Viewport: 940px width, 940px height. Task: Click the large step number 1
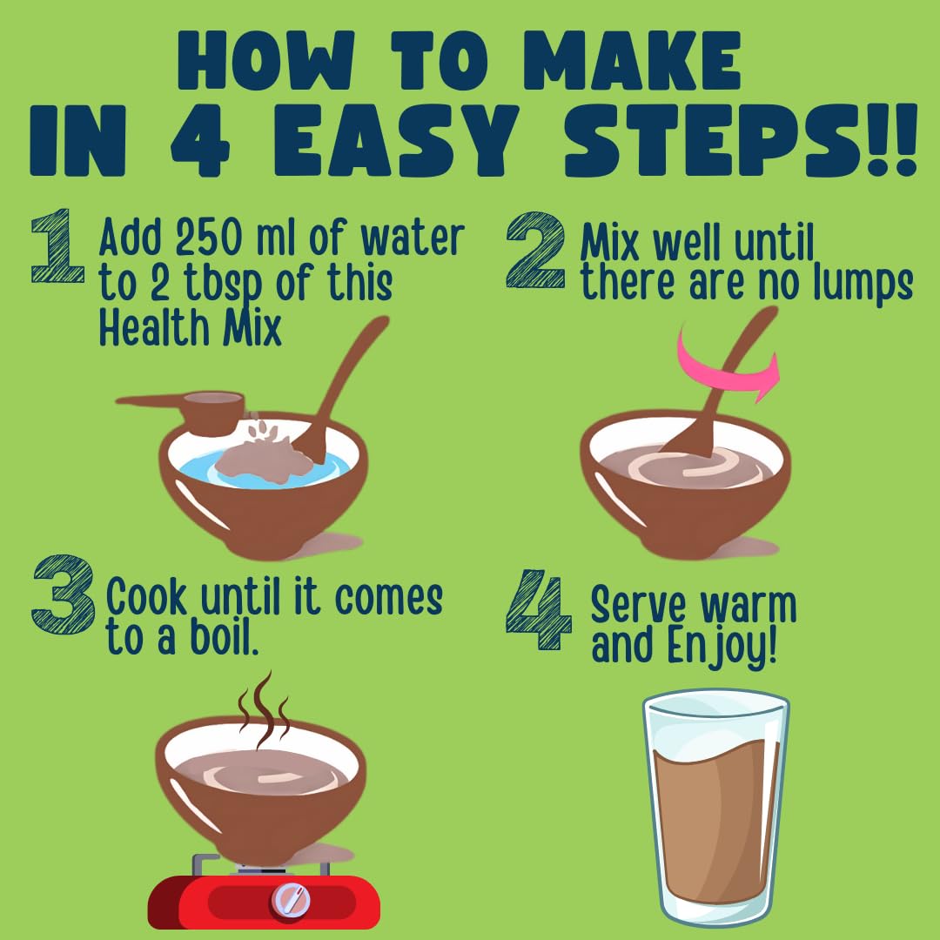click(57, 245)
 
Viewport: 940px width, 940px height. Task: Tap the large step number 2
click(535, 250)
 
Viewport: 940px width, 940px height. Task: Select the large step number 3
click(64, 594)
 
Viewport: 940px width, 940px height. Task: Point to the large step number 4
click(538, 609)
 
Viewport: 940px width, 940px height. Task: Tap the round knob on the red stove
click(291, 900)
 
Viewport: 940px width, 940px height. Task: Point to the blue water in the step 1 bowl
click(264, 471)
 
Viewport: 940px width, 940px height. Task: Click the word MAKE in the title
click(633, 60)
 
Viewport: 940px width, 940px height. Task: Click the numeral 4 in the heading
click(199, 140)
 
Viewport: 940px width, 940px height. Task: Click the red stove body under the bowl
click(264, 902)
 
